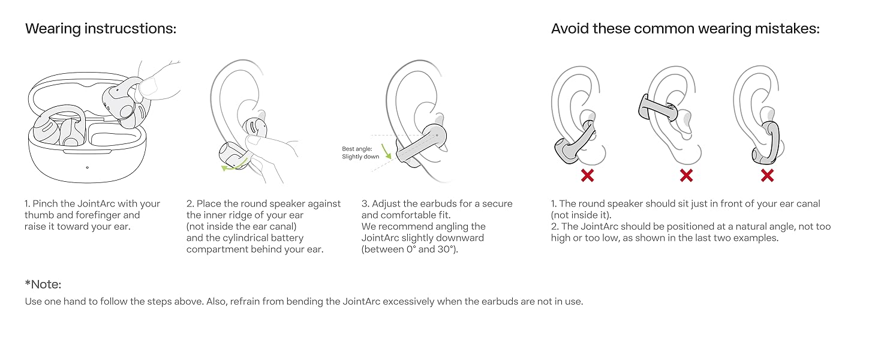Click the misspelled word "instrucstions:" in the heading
tap(131, 29)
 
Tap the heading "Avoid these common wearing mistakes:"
tap(685, 29)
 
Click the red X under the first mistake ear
tap(587, 175)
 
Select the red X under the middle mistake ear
tap(686, 175)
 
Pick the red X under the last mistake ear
tap(767, 175)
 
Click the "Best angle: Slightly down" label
tap(360, 152)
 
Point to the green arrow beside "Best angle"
tap(386, 151)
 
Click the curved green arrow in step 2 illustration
tap(235, 165)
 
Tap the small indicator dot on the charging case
tap(87, 167)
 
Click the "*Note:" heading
tap(43, 284)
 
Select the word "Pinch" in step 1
tap(46, 203)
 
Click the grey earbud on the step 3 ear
tap(422, 145)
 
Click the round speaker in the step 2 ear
tap(254, 127)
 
